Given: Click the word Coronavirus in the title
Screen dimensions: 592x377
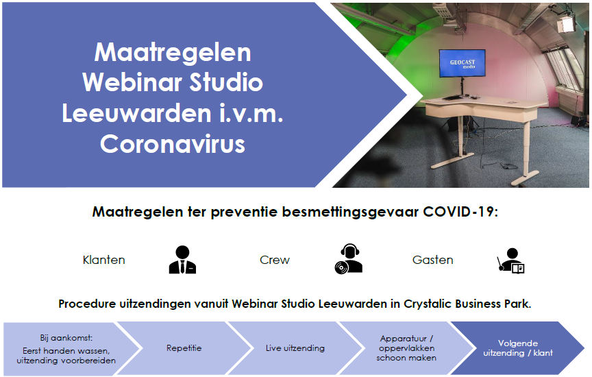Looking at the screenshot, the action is coord(173,144).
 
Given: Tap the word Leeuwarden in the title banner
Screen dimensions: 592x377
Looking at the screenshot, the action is coord(136,113).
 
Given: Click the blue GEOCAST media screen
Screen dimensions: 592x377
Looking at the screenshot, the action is coord(462,63).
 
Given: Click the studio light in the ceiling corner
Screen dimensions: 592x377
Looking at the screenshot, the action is coord(566,23).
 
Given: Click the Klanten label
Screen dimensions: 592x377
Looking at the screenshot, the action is coord(104,260).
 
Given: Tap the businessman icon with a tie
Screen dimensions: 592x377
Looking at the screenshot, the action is coord(182,260).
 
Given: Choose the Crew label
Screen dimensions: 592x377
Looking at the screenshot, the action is coord(275,260).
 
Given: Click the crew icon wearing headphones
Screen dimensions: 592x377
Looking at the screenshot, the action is coord(349,259).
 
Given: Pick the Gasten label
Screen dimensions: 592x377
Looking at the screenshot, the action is coord(432,260).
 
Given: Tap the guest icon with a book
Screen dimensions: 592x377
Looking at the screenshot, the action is coord(511,260).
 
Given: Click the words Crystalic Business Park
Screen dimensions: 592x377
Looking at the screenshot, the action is coord(467,304).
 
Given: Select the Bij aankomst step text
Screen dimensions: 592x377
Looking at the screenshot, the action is coord(66,349).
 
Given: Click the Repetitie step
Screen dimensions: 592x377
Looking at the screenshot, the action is coord(184,348).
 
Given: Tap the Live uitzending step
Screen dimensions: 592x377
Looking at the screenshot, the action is coord(295,348).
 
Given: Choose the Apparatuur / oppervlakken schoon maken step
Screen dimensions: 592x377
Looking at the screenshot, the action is coord(406,348).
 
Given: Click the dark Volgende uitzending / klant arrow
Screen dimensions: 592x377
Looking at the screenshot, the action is coord(517,348).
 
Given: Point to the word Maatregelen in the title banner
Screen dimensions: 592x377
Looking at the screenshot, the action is coord(173,52).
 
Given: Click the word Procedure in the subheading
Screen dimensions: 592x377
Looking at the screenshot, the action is coord(87,304).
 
